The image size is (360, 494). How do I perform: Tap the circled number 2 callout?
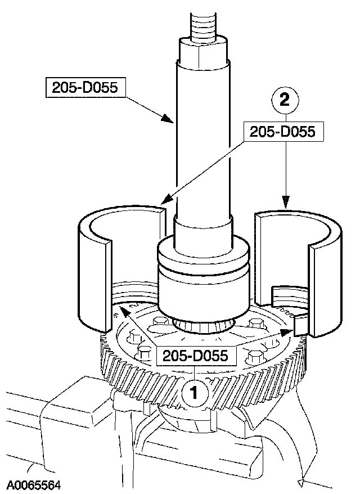coord(285,102)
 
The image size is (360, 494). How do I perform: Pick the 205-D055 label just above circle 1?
coord(195,356)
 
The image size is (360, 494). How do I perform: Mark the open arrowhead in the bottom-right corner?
coord(302,481)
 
